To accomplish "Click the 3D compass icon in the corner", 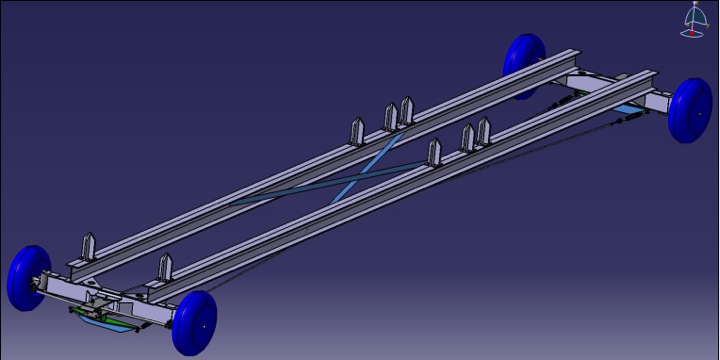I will [x=694, y=21].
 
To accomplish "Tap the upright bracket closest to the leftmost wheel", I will [x=88, y=246].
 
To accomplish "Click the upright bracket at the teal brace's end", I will [x=434, y=153].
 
